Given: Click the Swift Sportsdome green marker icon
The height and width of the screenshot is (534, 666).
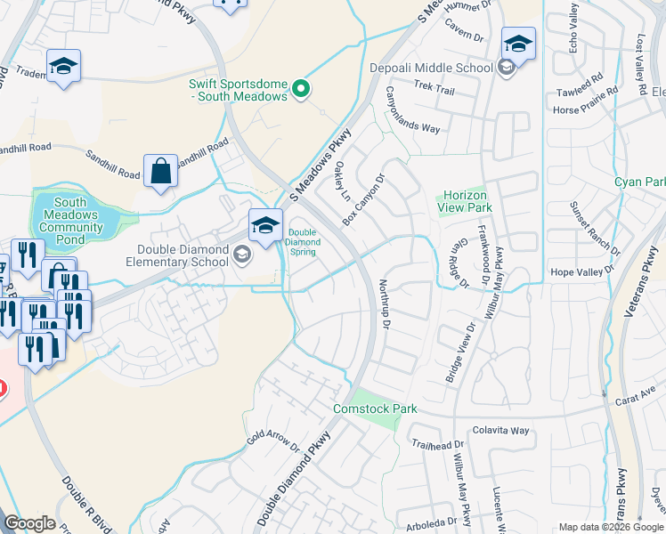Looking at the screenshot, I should click(x=301, y=87).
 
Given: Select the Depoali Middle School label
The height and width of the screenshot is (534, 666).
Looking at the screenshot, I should click(x=431, y=68).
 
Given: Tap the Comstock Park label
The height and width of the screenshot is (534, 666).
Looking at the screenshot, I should click(x=374, y=409).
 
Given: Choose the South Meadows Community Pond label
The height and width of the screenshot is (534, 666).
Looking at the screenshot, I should click(x=69, y=221).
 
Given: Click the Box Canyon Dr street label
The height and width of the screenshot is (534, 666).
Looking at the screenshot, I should click(x=365, y=198).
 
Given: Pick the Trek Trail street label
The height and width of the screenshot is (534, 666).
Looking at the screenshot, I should click(x=435, y=90).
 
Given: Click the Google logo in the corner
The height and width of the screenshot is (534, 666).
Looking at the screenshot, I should click(x=29, y=522).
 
